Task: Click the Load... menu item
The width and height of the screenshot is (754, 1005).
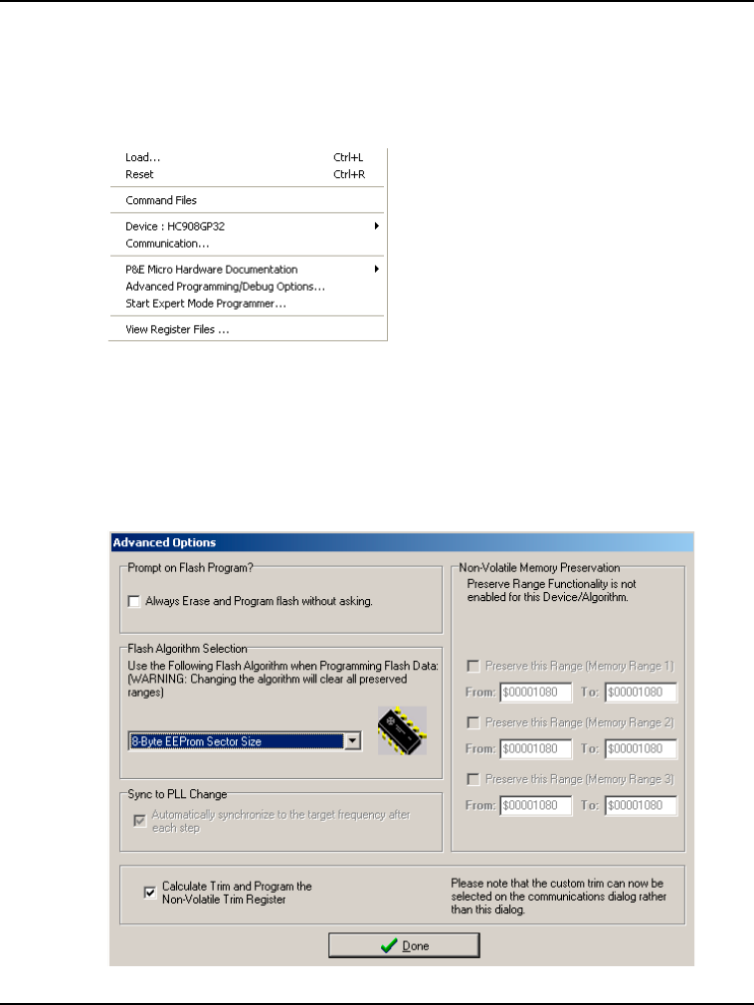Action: point(143,157)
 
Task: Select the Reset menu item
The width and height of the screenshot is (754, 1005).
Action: point(140,174)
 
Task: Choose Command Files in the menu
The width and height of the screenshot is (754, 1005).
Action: point(161,200)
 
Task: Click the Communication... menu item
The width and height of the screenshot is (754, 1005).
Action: point(167,243)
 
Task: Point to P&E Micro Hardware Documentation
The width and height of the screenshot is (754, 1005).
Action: point(211,269)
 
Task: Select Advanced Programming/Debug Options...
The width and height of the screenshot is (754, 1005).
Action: point(225,286)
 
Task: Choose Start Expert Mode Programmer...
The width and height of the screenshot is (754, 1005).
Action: point(206,302)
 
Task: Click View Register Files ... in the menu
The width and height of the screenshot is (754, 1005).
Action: point(177,328)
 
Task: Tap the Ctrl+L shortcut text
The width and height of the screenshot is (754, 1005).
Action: point(348,157)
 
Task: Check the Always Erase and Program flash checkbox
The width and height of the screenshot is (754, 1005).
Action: point(134,601)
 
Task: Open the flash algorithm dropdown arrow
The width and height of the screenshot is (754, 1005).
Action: point(351,741)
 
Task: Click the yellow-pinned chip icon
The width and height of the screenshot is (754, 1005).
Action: point(402,731)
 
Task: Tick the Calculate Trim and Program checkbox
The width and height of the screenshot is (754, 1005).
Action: point(149,893)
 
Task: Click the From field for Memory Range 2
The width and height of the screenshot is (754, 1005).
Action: point(536,748)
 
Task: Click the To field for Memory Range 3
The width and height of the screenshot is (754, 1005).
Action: point(641,805)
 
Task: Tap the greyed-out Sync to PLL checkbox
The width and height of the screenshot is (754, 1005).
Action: point(139,821)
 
